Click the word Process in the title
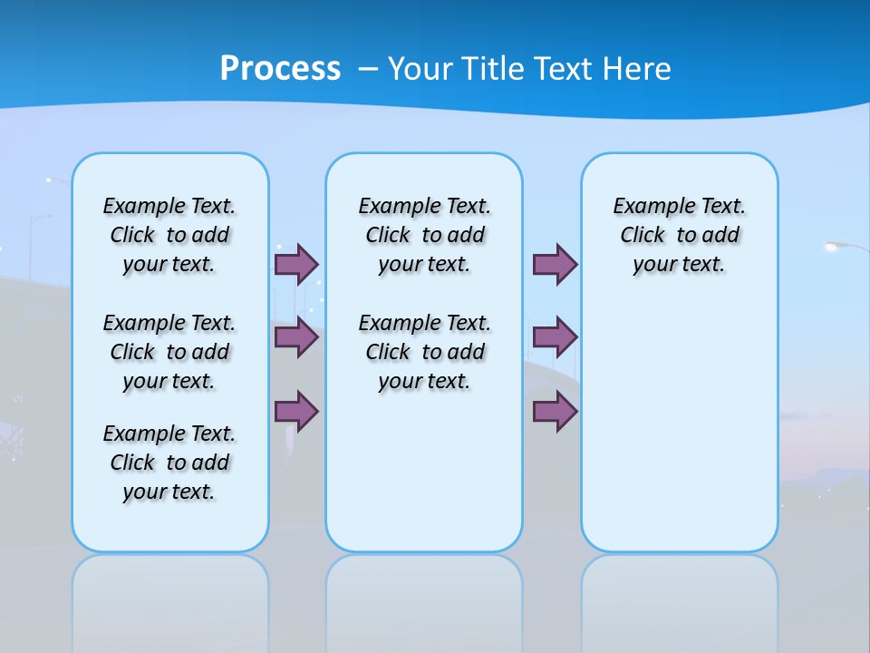point(280,69)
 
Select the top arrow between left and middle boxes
point(296,264)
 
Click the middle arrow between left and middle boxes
point(296,337)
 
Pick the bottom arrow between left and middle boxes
point(296,412)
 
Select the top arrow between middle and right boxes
point(555,264)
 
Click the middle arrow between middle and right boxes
point(555,337)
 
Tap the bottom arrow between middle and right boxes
point(555,412)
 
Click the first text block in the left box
point(169,235)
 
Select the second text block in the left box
point(169,352)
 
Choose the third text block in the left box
point(169,463)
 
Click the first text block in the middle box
point(424,235)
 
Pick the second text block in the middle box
point(424,352)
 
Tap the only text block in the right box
point(680,235)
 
